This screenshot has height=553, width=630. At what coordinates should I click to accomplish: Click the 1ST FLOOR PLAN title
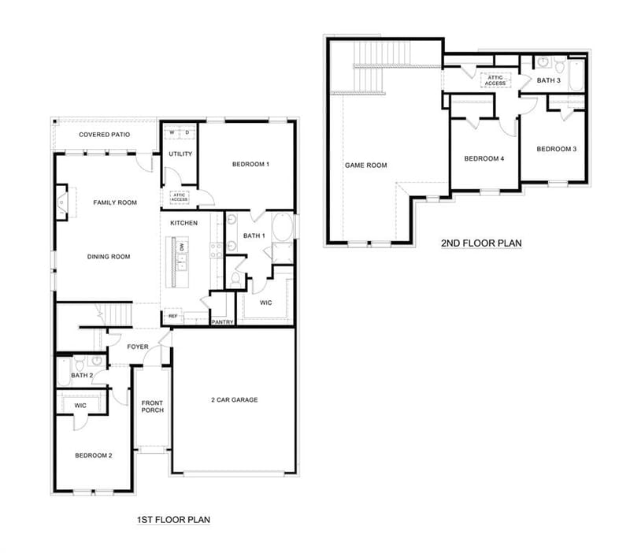pyautogui.click(x=173, y=520)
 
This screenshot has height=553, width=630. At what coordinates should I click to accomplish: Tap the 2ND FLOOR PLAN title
pyautogui.click(x=481, y=243)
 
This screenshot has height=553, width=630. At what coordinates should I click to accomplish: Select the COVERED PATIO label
pyautogui.click(x=105, y=135)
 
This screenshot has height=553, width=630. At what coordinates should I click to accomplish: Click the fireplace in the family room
pyautogui.click(x=61, y=202)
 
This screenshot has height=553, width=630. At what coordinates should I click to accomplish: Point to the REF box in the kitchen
pyautogui.click(x=172, y=317)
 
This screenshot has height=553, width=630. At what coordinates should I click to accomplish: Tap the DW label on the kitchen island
pyautogui.click(x=182, y=247)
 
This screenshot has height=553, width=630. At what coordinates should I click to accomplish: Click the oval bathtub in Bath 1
pyautogui.click(x=283, y=227)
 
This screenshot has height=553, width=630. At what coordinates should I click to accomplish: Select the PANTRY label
pyautogui.click(x=223, y=322)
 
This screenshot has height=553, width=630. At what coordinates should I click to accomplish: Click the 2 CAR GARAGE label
pyautogui.click(x=235, y=400)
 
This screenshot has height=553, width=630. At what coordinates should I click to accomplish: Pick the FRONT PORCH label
pyautogui.click(x=153, y=406)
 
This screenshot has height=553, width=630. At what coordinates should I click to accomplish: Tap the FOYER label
pyautogui.click(x=138, y=347)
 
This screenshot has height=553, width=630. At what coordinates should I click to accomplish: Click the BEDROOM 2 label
pyautogui.click(x=94, y=455)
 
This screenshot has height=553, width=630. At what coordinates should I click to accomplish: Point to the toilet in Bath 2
pyautogui.click(x=80, y=364)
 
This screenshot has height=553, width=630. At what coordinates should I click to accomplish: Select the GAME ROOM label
pyautogui.click(x=366, y=165)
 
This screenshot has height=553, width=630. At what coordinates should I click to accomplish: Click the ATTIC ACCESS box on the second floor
pyautogui.click(x=495, y=80)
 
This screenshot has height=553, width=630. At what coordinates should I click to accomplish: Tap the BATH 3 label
pyautogui.click(x=548, y=80)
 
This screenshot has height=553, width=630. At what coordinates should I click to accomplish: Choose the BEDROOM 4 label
pyautogui.click(x=484, y=159)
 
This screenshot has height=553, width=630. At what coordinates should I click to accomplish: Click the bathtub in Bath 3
pyautogui.click(x=576, y=76)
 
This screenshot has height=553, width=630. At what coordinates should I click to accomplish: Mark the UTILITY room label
pyautogui.click(x=180, y=154)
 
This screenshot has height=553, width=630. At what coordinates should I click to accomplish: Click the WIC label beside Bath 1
pyautogui.click(x=266, y=302)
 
